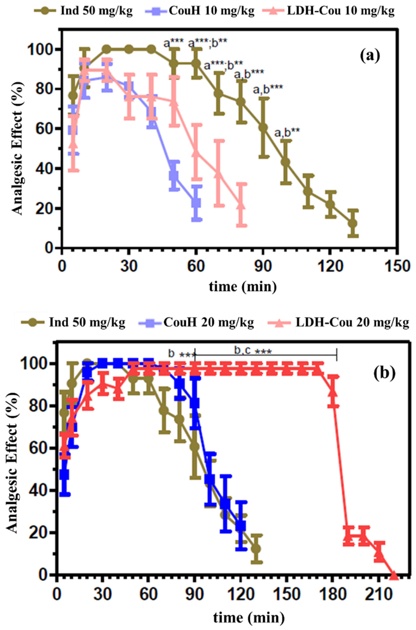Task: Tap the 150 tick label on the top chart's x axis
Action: (397, 266)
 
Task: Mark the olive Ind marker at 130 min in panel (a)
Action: (353, 223)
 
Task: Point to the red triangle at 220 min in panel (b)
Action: (394, 575)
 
